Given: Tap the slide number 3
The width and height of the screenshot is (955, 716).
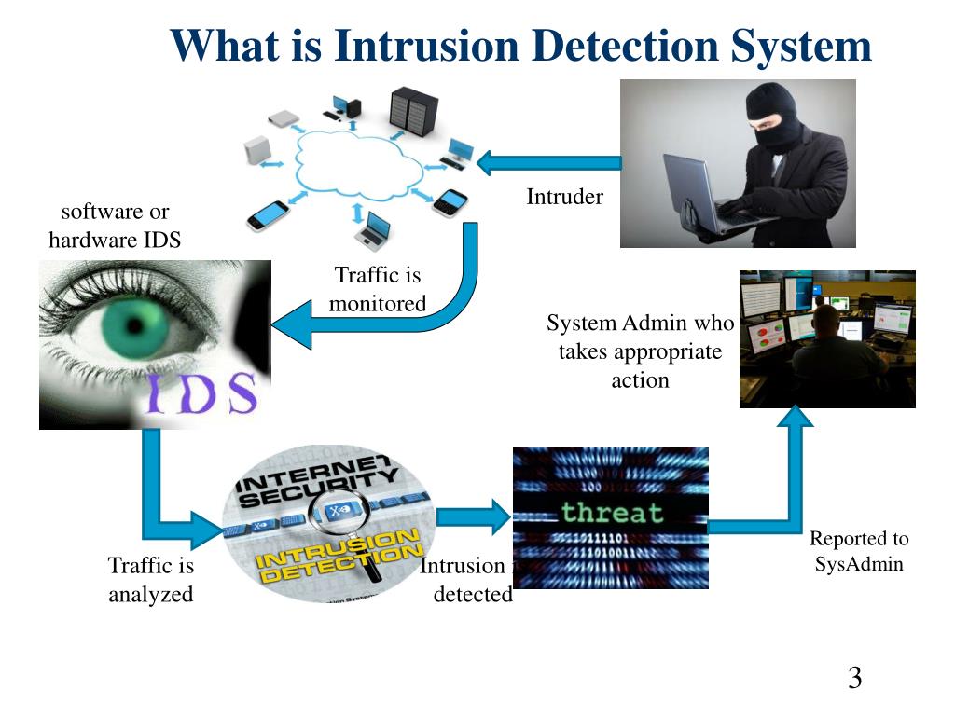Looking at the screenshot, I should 854,678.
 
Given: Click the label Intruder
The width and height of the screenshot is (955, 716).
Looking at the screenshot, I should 564,197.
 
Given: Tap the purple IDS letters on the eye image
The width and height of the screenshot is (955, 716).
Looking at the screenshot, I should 201,392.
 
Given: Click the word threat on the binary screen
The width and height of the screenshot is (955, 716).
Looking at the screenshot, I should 611,512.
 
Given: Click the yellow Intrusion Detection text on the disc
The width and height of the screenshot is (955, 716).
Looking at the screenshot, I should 338,556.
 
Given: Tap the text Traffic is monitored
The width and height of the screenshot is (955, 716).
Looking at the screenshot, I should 378,289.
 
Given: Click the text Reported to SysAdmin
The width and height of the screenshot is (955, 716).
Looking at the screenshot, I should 859,551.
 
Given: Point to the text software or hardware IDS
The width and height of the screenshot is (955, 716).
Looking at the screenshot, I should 115,226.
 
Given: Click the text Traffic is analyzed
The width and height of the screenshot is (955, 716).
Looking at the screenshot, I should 151,579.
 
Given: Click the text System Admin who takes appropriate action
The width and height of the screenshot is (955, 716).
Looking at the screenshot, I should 641,351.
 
